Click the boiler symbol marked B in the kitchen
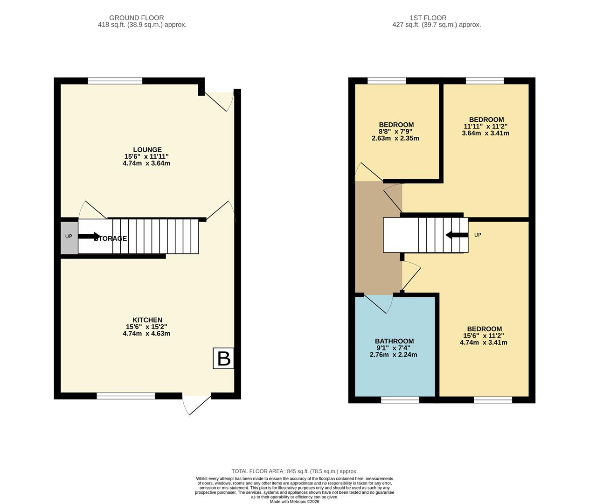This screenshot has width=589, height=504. [x=223, y=358]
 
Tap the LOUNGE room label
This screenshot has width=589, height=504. [x=147, y=150]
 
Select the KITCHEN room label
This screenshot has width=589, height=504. [x=147, y=320]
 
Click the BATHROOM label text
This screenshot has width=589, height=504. [x=394, y=341]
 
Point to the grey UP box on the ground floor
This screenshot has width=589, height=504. [x=69, y=237]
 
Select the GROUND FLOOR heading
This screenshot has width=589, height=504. [x=137, y=18]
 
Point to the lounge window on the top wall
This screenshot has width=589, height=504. [x=115, y=81]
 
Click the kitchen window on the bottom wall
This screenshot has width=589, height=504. [x=126, y=396]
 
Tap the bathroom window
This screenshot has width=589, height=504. [x=400, y=399]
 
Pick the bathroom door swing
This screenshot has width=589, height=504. [x=379, y=304]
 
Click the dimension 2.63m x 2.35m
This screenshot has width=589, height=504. [x=395, y=138]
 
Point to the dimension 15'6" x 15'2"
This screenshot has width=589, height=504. [x=146, y=327]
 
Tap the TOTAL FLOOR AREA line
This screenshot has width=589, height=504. [x=294, y=471]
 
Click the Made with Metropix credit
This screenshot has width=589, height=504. [x=294, y=502]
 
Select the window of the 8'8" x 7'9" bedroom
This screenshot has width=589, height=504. [x=387, y=81]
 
